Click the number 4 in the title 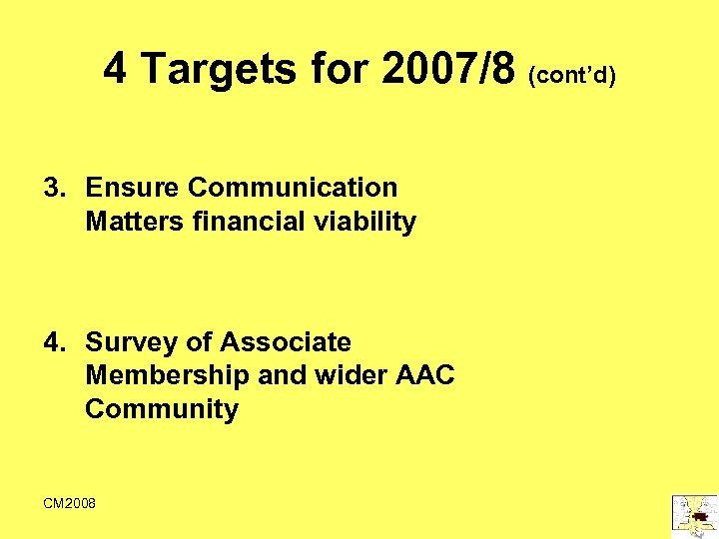[116, 69]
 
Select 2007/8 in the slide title [447, 69]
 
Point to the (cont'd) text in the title [572, 74]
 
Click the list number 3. [53, 188]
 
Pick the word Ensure [133, 188]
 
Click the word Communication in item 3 [293, 188]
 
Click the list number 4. [53, 342]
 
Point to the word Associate [285, 342]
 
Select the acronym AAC [424, 376]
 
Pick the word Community [162, 409]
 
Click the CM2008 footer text [70, 503]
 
